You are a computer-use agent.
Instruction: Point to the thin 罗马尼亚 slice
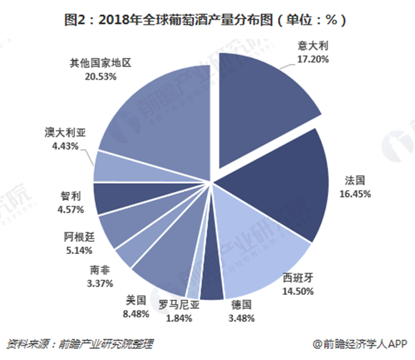coord(203,281)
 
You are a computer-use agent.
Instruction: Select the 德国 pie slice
coord(216,287)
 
